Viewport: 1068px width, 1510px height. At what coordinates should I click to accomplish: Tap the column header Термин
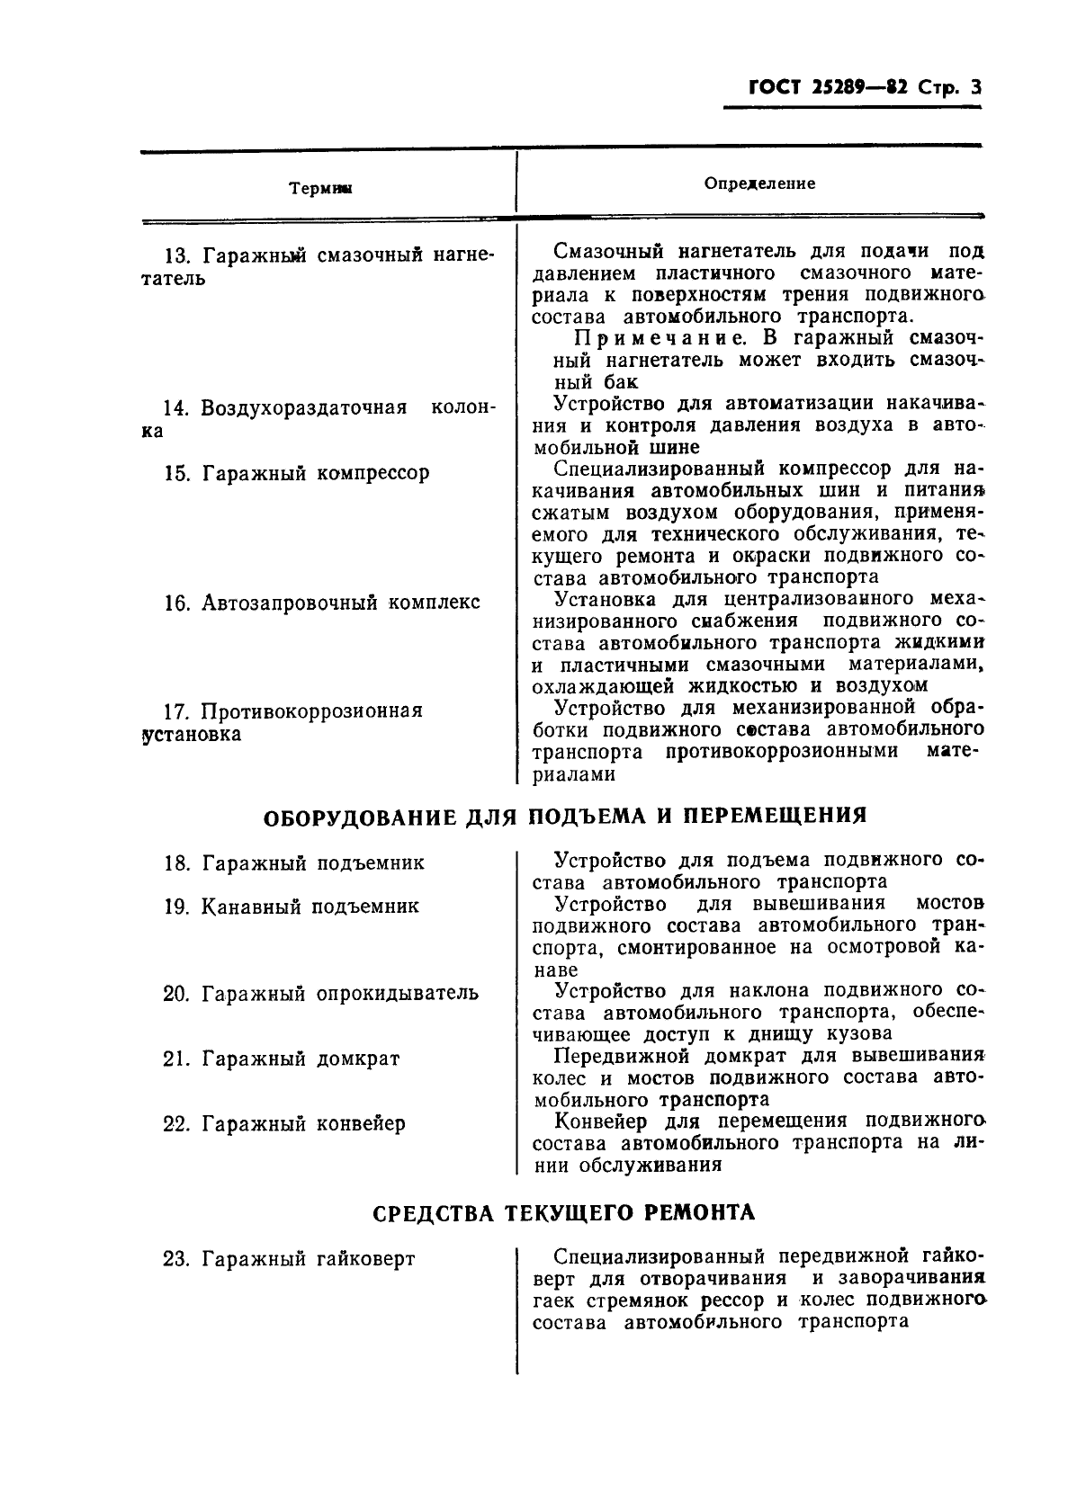(x=320, y=188)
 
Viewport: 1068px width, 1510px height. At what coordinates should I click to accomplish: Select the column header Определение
(x=759, y=183)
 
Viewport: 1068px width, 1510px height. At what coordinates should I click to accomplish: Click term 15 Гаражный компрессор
(x=297, y=473)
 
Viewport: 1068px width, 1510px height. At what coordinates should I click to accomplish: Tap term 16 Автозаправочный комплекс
(x=322, y=602)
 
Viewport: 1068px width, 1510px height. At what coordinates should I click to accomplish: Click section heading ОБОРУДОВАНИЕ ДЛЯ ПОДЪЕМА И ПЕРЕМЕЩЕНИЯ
(x=565, y=816)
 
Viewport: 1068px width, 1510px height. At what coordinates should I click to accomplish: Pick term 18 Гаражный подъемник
(x=294, y=863)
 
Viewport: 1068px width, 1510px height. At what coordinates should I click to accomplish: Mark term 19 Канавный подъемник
(x=292, y=907)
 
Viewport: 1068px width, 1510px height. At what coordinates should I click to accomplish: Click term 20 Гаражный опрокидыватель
(x=321, y=994)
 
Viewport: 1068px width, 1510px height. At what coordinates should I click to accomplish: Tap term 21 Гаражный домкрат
(x=282, y=1059)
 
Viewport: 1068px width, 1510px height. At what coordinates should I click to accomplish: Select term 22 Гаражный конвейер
(x=284, y=1123)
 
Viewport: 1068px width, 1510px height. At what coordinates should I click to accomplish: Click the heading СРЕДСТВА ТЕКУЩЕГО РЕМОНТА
(x=564, y=1212)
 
